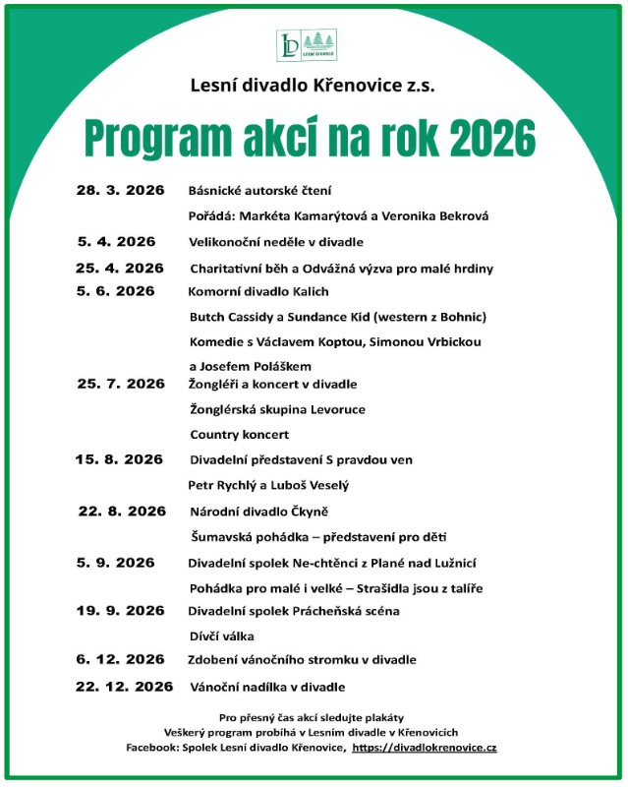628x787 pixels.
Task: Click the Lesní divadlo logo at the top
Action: coord(313,45)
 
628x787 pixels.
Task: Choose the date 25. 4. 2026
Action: coord(120,268)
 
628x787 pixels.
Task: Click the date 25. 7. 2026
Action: coord(121,384)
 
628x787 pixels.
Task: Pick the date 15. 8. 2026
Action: coord(120,459)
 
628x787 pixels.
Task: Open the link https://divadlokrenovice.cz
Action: coord(424,749)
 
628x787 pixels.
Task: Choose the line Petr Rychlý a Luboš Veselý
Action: coord(268,485)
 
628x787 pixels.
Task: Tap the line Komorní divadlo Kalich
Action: coord(258,291)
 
